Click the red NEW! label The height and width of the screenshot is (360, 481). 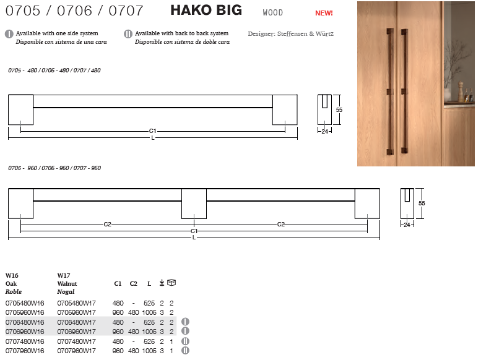coord(324,13)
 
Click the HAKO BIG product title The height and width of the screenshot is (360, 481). coord(206,10)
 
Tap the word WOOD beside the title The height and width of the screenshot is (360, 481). coord(273,12)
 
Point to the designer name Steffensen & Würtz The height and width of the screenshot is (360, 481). coord(305,34)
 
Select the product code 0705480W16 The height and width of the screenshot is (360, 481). coord(25,303)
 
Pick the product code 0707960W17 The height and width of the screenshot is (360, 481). coord(76,351)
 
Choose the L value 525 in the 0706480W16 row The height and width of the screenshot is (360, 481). coord(149,322)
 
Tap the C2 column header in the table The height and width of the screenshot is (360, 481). coord(134,284)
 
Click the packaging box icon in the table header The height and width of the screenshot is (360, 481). coord(171,283)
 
